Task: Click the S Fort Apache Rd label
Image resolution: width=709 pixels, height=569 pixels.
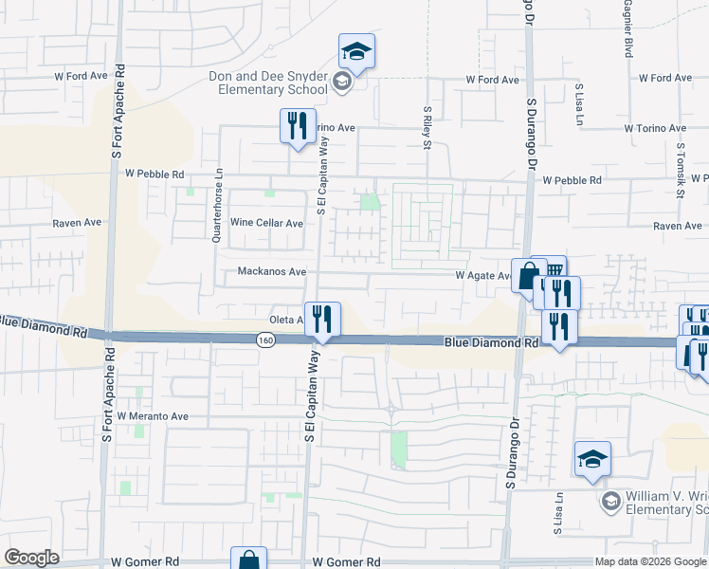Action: (118, 113)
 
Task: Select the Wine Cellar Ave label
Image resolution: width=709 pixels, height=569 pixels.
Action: (267, 224)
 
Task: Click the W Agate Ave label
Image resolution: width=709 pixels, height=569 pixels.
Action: (483, 276)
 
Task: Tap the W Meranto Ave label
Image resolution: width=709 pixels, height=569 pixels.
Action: (152, 416)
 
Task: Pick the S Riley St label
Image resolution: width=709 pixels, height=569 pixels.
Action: (427, 127)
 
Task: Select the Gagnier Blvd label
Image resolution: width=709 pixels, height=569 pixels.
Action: (627, 34)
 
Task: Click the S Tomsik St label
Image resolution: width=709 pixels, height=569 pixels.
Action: (681, 171)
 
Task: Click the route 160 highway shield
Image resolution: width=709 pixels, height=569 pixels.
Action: (265, 340)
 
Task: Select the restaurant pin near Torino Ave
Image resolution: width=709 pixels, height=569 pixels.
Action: (298, 125)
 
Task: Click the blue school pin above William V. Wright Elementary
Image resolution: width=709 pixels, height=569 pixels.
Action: (593, 459)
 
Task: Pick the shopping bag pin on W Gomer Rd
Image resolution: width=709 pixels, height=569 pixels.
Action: (248, 560)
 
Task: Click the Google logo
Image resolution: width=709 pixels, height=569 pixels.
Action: (32, 558)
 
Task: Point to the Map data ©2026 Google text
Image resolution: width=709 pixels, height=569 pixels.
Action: (649, 561)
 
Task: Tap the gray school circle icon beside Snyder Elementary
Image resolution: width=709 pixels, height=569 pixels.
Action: (342, 84)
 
